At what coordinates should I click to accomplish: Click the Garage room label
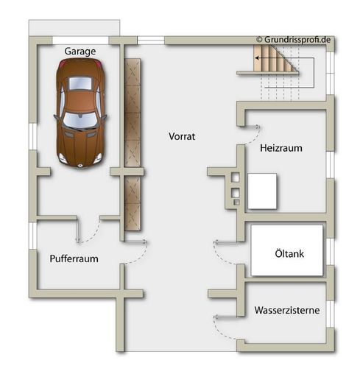click(80, 51)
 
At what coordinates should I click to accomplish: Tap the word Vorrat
click(182, 136)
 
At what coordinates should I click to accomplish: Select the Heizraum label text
click(281, 148)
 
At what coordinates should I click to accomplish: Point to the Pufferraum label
click(74, 258)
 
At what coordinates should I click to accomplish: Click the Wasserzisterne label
click(287, 311)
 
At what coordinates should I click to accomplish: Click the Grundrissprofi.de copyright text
click(293, 39)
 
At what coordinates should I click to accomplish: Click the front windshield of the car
click(77, 119)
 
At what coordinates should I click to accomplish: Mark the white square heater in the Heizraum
click(261, 191)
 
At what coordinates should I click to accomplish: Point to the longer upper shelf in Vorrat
click(133, 112)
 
